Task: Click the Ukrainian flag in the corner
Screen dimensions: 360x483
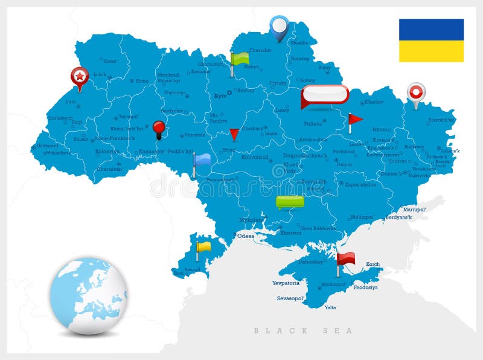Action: pos(431,40)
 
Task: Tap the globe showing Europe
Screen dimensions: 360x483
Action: pos(88,295)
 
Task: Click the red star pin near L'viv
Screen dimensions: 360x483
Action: pos(79,77)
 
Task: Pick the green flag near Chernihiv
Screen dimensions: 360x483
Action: pos(240,59)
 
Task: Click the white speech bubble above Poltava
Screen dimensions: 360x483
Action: pos(325,95)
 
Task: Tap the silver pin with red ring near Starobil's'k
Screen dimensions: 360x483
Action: pos(416,93)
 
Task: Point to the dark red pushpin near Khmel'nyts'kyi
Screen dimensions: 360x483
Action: pos(159,128)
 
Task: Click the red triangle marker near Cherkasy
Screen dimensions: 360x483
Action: pos(234,134)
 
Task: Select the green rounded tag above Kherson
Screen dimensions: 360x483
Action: pos(290,202)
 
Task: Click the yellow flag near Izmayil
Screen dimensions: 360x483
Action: pos(203,247)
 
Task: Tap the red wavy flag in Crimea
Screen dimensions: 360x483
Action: pos(346,259)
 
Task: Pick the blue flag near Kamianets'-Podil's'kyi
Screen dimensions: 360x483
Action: pos(202,160)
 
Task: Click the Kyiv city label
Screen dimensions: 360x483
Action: pos(219,95)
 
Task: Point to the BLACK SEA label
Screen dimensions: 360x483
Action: pos(303,330)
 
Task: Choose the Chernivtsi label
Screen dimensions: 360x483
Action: pos(109,169)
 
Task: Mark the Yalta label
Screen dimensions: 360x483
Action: pos(330,307)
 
